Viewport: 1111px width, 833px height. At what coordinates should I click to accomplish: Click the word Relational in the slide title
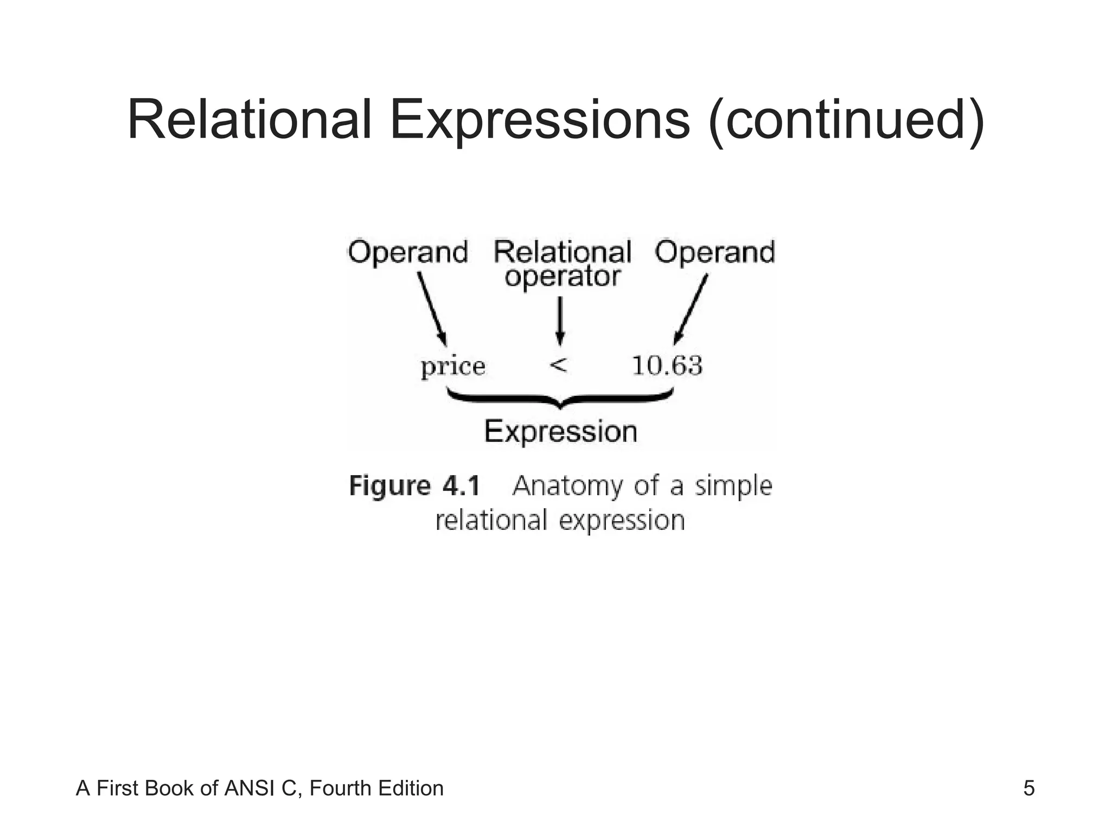coord(249,120)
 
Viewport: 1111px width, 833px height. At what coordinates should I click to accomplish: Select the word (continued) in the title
coord(846,120)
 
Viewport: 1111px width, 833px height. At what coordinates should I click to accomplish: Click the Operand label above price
coord(408,253)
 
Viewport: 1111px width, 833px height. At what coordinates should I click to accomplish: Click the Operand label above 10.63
coord(714,253)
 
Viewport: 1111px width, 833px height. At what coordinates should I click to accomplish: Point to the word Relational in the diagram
coord(563,253)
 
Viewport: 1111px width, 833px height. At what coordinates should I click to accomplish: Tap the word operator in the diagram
coord(563,277)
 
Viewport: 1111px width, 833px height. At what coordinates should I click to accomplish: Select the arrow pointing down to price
coord(432,308)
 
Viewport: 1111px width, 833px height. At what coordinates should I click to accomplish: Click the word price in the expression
coord(453,367)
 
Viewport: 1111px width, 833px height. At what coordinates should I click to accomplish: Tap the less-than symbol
coord(558,365)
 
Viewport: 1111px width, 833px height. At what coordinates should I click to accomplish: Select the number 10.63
coord(667,366)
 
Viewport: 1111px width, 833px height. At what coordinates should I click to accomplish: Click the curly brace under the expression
coord(560,400)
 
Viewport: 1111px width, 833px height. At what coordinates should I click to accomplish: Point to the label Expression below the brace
coord(560,432)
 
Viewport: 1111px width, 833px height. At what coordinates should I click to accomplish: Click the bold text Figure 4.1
coord(415,485)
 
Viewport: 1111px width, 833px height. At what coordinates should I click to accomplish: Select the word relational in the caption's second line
coord(491,520)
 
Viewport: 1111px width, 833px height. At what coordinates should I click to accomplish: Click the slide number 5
coord(1029,789)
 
